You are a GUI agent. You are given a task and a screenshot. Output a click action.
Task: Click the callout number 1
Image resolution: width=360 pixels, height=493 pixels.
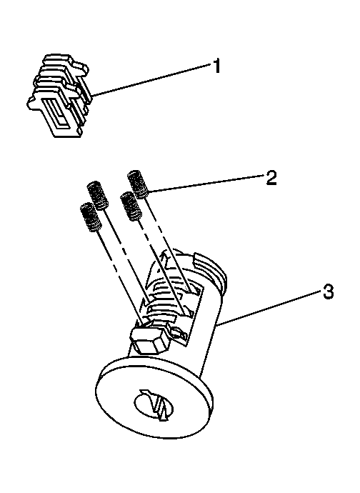(x=216, y=66)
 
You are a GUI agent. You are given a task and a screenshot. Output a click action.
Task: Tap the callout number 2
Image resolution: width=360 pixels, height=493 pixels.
(x=271, y=178)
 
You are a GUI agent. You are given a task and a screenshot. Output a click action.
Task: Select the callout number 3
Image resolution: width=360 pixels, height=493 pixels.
(x=328, y=292)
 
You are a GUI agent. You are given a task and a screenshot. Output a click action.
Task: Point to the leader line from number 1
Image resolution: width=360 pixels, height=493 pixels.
(x=151, y=79)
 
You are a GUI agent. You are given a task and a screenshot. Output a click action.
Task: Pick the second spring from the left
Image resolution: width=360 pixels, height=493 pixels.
(x=98, y=195)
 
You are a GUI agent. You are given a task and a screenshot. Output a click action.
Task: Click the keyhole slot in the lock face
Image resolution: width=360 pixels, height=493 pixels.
(x=153, y=406)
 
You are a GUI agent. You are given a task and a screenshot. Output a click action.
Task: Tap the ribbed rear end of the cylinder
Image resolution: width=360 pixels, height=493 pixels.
(x=210, y=267)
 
